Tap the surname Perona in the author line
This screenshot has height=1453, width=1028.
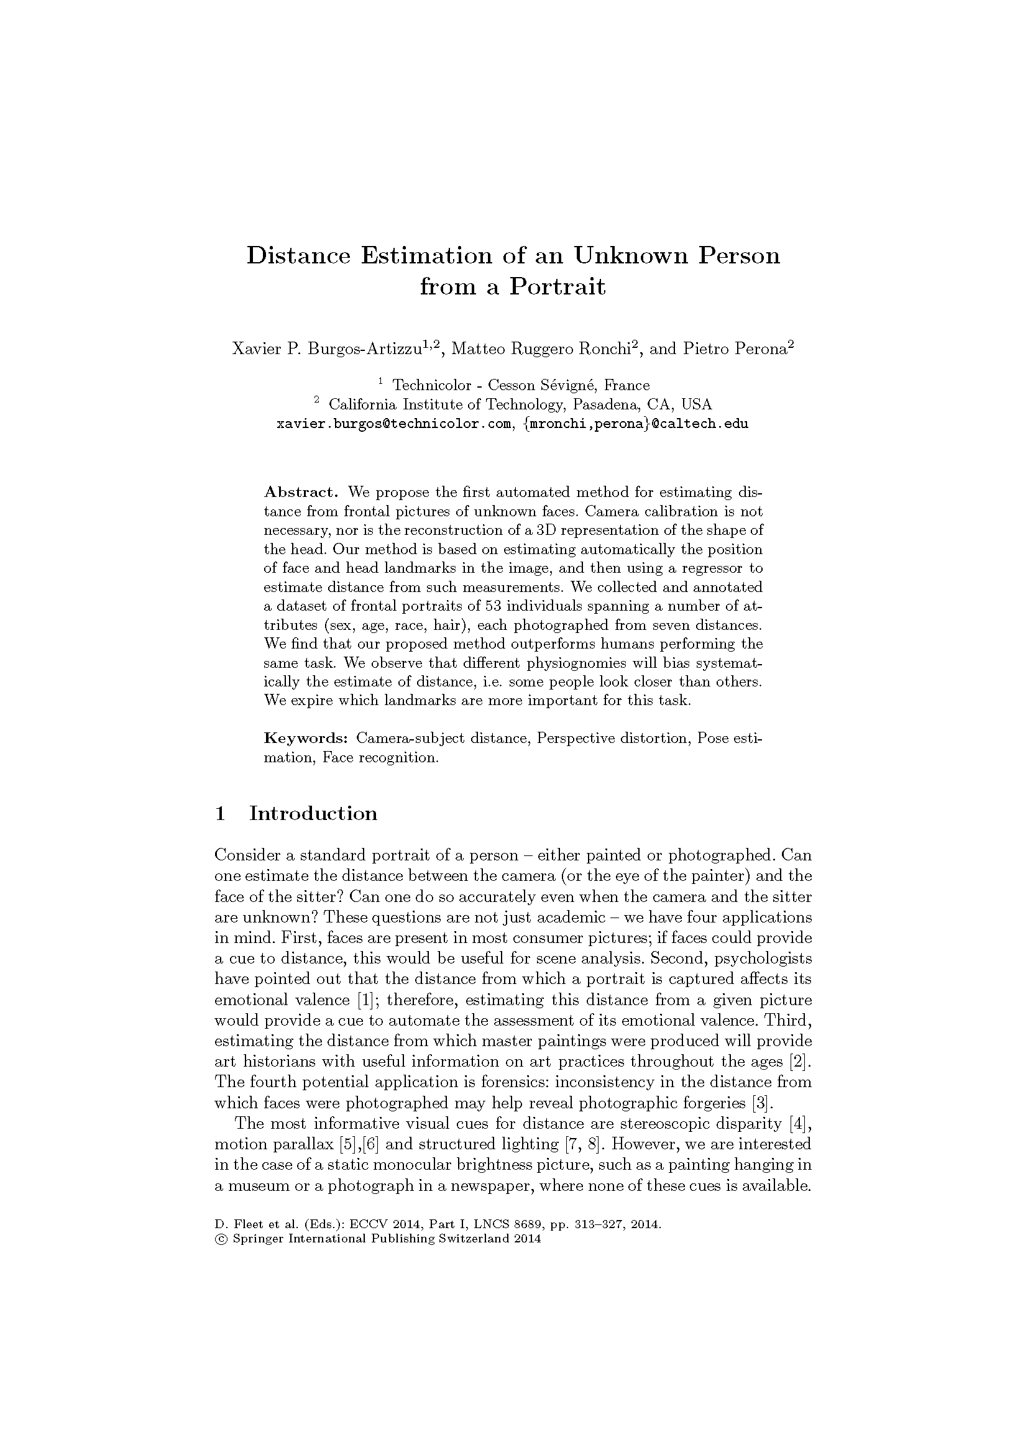click(761, 348)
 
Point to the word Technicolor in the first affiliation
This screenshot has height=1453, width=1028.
click(433, 385)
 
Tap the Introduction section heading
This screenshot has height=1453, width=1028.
click(313, 814)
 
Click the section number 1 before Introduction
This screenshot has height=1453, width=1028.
click(220, 814)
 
